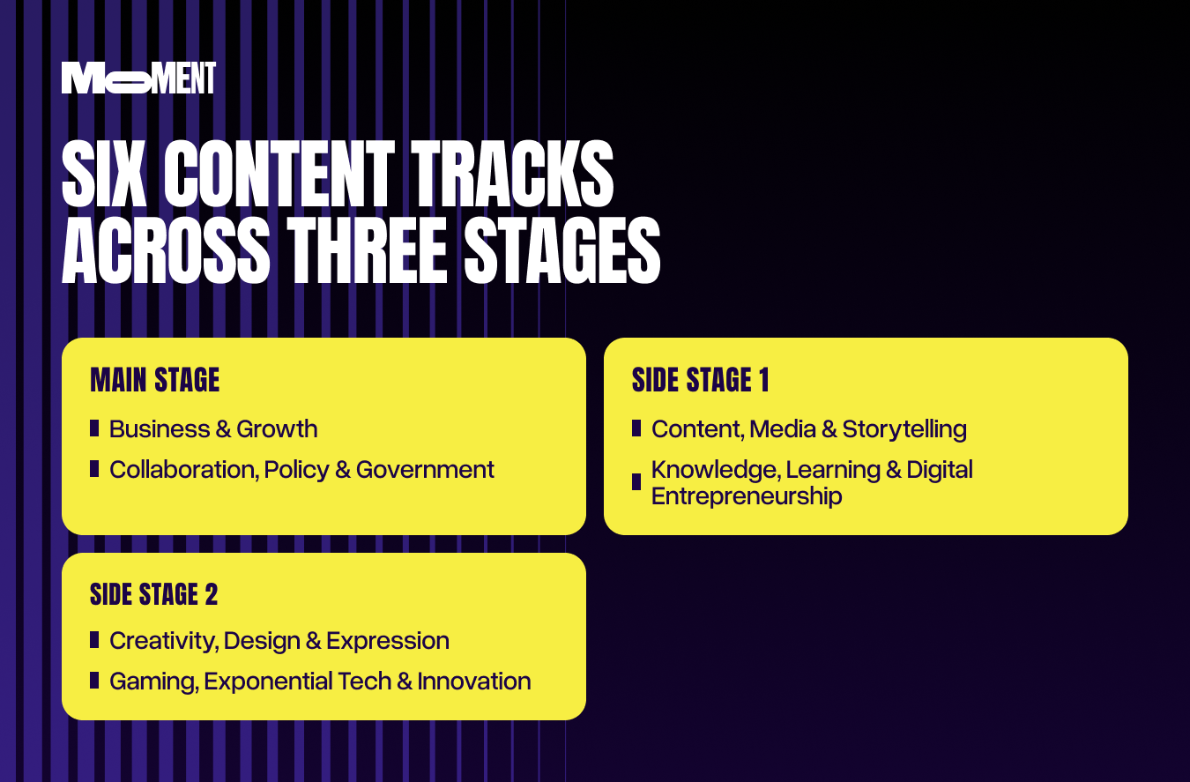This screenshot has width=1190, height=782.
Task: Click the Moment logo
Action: pos(138,78)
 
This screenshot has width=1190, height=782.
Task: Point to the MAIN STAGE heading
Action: pos(154,380)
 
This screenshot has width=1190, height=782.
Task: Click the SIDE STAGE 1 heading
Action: pos(700,380)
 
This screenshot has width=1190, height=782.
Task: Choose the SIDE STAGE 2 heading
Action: pos(153,594)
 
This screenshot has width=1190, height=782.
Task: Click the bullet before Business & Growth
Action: pos(94,428)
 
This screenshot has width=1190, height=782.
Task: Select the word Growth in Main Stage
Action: pos(277,429)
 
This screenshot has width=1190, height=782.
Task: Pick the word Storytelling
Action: pos(904,429)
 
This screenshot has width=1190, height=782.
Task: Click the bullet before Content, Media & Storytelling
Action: pos(636,428)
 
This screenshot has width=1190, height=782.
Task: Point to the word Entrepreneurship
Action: pos(747,496)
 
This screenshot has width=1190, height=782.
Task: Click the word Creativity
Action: pos(162,641)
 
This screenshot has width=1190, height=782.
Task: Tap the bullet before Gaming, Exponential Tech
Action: pos(94,681)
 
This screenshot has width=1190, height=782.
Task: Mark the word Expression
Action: pos(388,641)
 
